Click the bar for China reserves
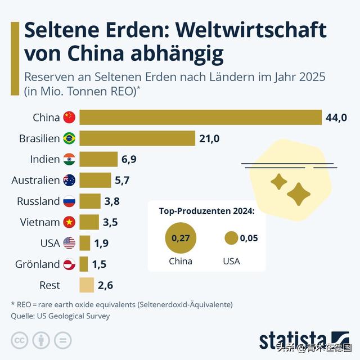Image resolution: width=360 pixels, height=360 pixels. click(200, 117)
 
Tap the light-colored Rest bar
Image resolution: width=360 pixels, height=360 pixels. click(87, 285)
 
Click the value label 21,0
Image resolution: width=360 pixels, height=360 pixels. click(209, 138)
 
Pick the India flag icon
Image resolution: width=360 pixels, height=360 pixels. click(69, 159)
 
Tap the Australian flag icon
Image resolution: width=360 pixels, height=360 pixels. click(69, 180)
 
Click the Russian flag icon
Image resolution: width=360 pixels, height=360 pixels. click(69, 201)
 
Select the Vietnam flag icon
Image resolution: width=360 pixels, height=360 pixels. click(69, 222)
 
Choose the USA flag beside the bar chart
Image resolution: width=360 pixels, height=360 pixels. click(69, 243)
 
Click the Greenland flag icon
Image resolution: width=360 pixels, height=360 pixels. click(69, 264)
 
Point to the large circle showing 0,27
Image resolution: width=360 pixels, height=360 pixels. click(181, 238)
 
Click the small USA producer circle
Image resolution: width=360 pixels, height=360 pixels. click(231, 238)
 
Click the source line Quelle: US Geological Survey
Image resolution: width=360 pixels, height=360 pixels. click(60, 316)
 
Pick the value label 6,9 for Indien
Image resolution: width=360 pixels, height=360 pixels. click(129, 159)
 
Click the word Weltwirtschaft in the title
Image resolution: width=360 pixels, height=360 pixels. click(236, 29)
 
